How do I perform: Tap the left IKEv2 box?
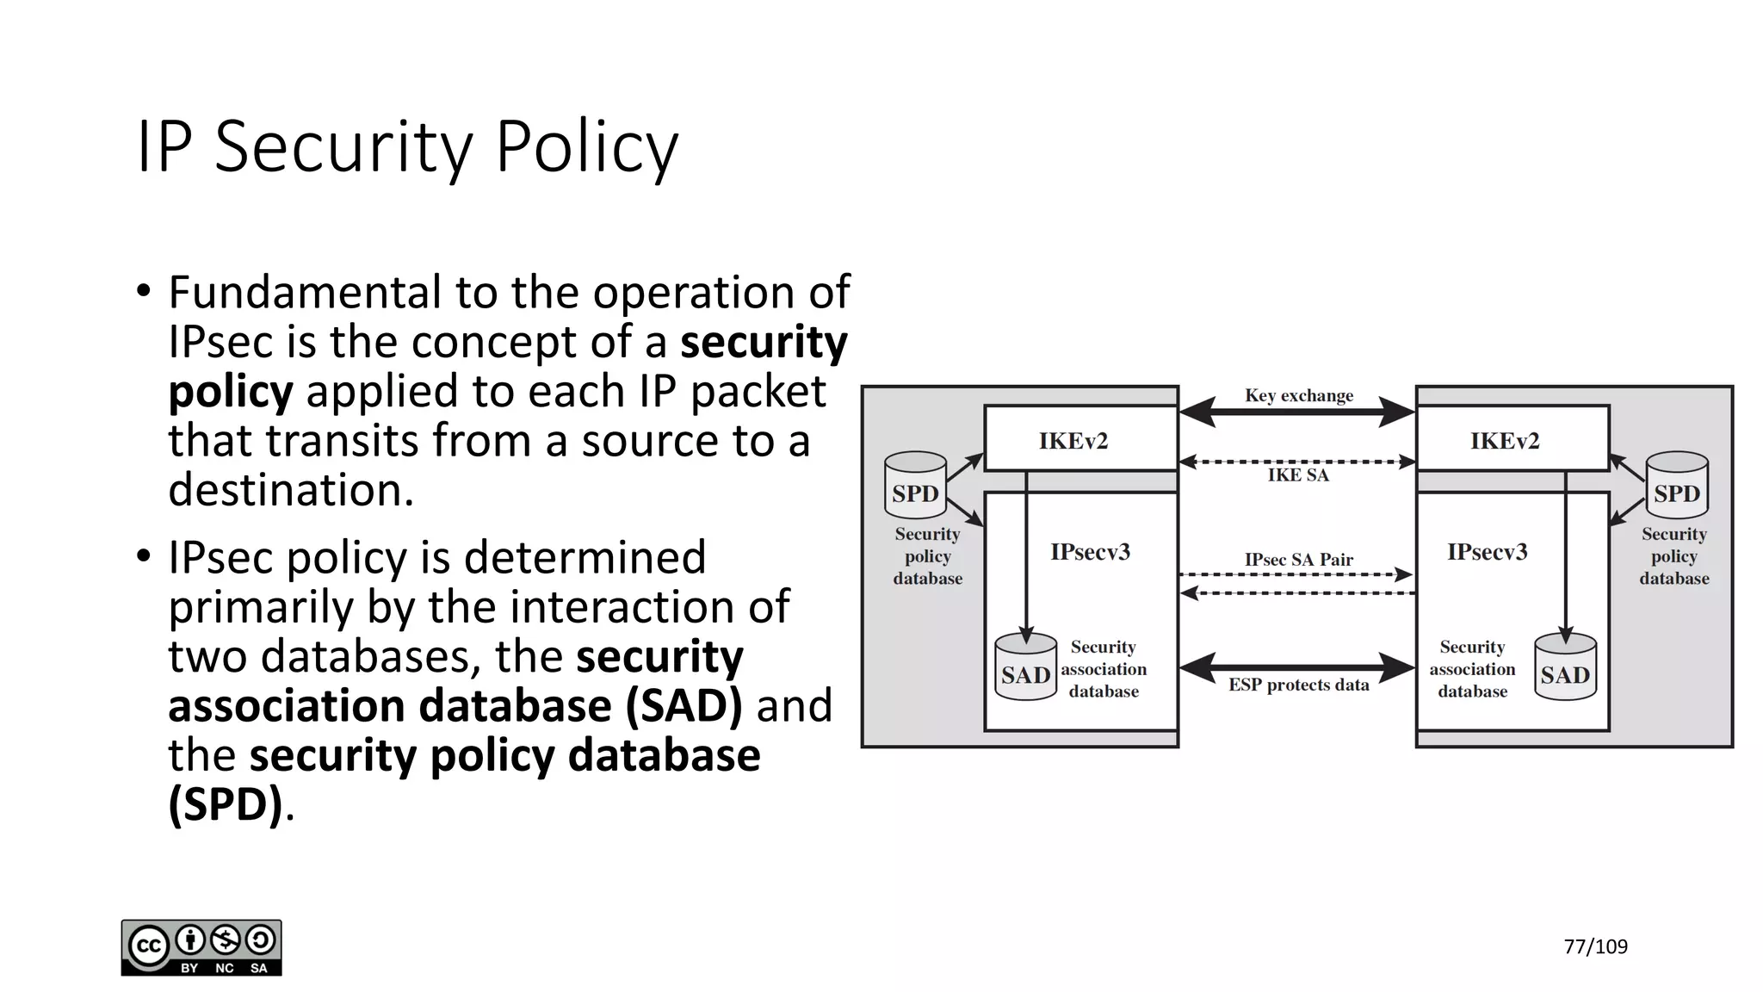pyautogui.click(x=1073, y=441)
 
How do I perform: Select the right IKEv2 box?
pyautogui.click(x=1504, y=441)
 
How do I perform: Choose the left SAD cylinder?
pyautogui.click(x=1025, y=667)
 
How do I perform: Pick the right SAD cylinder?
pyautogui.click(x=1565, y=667)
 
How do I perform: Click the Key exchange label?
pyautogui.click(x=1298, y=395)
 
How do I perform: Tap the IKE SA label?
pyautogui.click(x=1298, y=475)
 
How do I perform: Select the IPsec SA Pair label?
pyautogui.click(x=1298, y=560)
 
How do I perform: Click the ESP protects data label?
pyautogui.click(x=1298, y=685)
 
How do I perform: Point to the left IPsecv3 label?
pyautogui.click(x=1090, y=552)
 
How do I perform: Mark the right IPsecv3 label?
pyautogui.click(x=1487, y=552)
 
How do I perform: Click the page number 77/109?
pyautogui.click(x=1595, y=947)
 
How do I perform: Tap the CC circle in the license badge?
pyautogui.click(x=148, y=946)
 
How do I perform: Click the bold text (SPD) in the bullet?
pyautogui.click(x=226, y=804)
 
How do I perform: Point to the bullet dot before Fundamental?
pyautogui.click(x=144, y=291)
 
